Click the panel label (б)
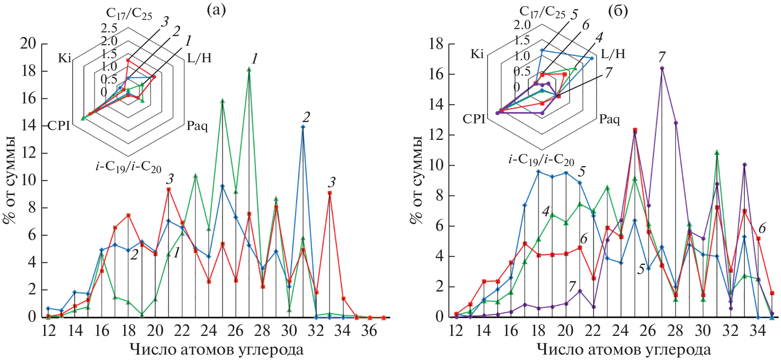[618, 11]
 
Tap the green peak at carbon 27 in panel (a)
[249, 69]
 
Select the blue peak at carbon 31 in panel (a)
[303, 127]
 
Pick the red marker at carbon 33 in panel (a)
[329, 193]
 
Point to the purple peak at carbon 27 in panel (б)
[662, 68]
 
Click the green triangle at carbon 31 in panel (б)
[717, 153]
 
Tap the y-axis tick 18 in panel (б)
[437, 44]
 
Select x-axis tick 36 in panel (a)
[369, 331]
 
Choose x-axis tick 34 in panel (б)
[758, 331]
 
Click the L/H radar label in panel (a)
[199, 58]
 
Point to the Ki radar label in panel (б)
[477, 54]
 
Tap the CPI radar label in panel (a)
[59, 125]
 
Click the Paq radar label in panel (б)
[609, 120]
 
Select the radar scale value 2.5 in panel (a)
[109, 28]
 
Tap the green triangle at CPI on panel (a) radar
[83, 118]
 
